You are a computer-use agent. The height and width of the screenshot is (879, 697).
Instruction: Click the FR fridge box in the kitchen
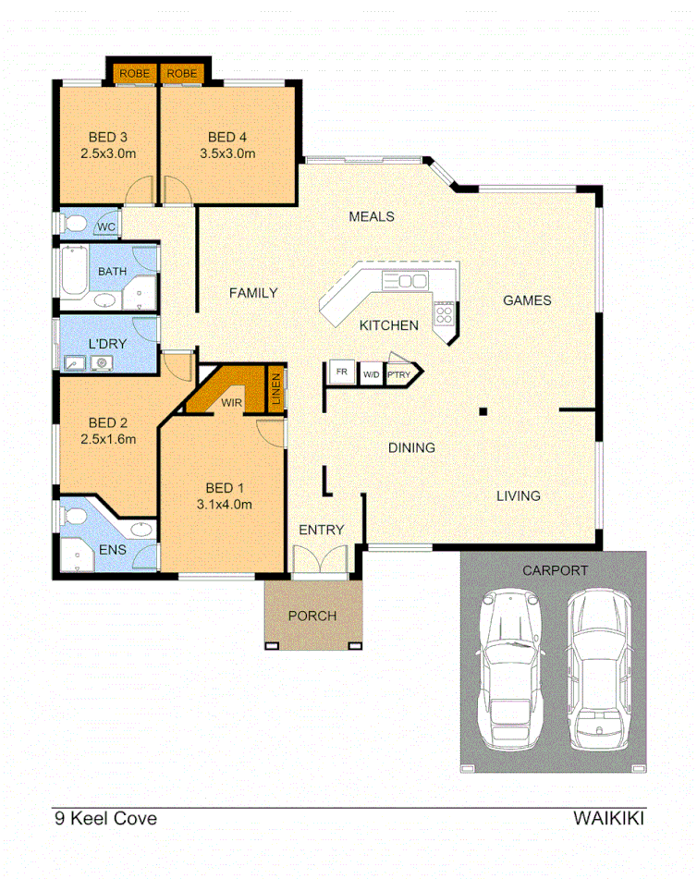click(342, 373)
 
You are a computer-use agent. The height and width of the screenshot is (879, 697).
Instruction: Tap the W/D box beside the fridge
click(371, 373)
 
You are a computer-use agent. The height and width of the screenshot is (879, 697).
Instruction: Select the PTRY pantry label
click(399, 373)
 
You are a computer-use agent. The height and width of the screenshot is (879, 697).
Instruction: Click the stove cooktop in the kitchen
click(445, 314)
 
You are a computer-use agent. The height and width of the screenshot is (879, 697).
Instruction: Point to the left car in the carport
click(508, 669)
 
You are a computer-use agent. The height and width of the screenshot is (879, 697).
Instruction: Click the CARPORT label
click(555, 570)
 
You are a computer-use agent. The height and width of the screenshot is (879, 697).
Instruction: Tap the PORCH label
click(312, 616)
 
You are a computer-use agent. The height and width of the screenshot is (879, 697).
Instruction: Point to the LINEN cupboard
click(275, 390)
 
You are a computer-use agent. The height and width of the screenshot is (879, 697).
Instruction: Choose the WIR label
click(231, 403)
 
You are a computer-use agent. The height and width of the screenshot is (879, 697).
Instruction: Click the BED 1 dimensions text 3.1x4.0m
click(225, 504)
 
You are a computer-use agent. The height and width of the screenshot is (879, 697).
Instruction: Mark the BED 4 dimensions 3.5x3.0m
click(227, 153)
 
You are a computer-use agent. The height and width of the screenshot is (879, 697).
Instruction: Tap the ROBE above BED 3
click(135, 73)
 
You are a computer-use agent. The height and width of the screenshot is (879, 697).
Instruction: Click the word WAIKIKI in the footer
click(608, 818)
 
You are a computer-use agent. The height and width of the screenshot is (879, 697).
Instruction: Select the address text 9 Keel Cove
click(105, 818)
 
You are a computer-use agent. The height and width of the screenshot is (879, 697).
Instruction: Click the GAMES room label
click(527, 300)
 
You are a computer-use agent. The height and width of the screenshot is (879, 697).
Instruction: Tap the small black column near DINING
click(482, 410)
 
